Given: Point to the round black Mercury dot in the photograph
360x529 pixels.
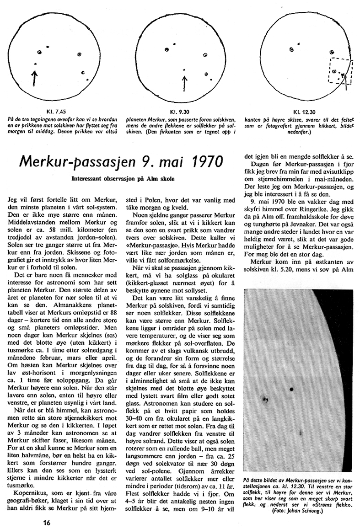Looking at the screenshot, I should pyautogui.click(x=291, y=390).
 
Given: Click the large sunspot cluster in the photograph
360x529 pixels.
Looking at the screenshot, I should pyautogui.click(x=265, y=400).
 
